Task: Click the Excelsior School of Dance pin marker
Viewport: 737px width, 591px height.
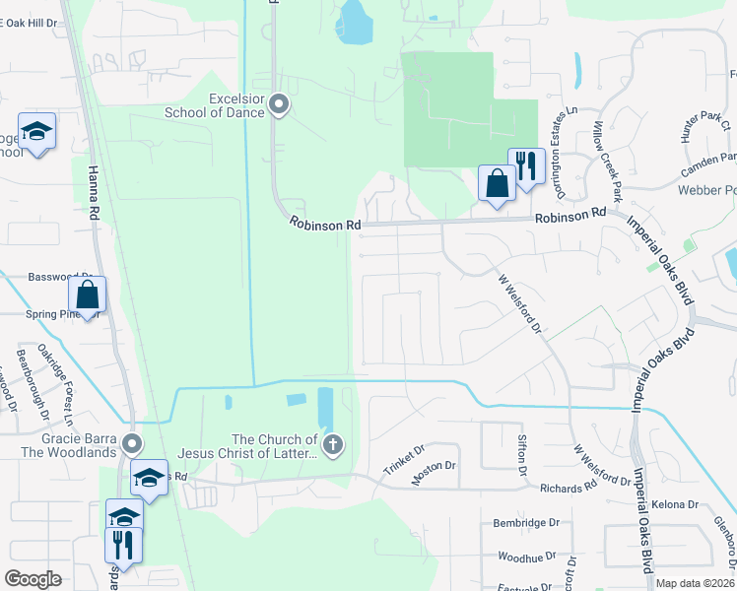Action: coord(279,103)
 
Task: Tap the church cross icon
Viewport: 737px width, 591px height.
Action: coord(333,445)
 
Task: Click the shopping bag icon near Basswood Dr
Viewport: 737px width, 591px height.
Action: coord(87,294)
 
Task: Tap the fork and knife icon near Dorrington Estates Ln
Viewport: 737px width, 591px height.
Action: coord(526,164)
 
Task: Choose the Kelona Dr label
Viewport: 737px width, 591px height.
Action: coord(676,505)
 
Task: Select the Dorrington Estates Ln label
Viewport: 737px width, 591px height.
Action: coord(559,134)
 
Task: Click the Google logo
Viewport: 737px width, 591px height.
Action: coord(33,579)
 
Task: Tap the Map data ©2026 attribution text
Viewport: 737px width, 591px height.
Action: coord(694,583)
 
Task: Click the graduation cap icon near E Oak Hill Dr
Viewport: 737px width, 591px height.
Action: coord(37,131)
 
